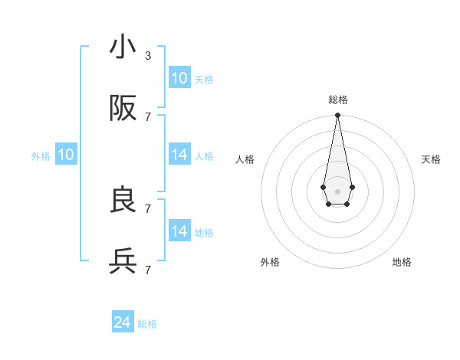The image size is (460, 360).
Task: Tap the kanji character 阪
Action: click(x=123, y=110)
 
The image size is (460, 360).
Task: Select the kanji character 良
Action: click(x=123, y=200)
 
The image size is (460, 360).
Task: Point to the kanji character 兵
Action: click(x=123, y=262)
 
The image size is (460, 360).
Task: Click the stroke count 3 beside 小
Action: click(x=148, y=55)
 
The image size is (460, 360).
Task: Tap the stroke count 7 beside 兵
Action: click(x=148, y=270)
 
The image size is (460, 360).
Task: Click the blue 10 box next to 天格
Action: click(x=179, y=78)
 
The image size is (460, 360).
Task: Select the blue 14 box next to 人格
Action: click(x=179, y=155)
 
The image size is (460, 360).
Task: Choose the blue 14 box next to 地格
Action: click(x=179, y=231)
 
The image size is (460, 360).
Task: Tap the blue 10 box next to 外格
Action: click(x=66, y=155)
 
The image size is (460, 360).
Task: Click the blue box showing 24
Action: click(x=122, y=322)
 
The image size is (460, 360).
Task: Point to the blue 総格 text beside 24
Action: click(x=147, y=324)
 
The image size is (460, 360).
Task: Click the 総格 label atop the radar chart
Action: click(x=337, y=100)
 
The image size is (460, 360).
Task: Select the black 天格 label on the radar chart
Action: click(x=431, y=159)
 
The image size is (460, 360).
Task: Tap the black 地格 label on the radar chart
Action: click(x=402, y=262)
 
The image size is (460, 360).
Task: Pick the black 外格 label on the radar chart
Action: click(x=270, y=262)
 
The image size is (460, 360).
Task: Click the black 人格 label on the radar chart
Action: click(x=245, y=159)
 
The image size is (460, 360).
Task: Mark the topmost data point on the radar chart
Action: click(x=337, y=116)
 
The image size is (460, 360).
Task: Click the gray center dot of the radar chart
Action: click(x=337, y=190)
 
